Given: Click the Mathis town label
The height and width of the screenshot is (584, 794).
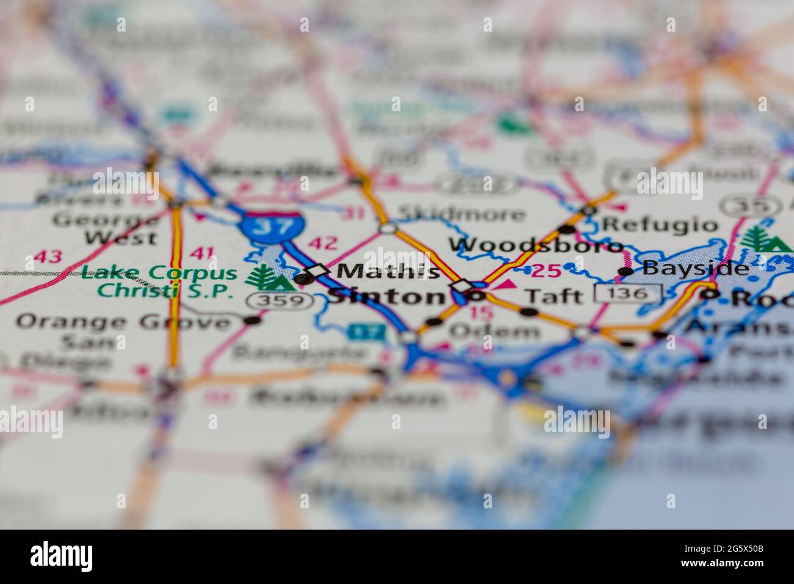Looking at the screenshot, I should coord(388,271).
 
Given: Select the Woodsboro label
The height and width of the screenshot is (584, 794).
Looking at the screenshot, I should coord(536,246).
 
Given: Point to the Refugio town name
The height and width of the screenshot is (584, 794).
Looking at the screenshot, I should coord(660,225).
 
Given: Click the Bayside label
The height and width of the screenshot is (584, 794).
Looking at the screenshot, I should coord(695,268).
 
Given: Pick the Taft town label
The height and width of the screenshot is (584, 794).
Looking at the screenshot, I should coord(554,296).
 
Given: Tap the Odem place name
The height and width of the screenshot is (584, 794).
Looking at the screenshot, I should coord(495,331).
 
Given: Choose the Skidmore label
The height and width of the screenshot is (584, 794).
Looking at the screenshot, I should coord(461,214).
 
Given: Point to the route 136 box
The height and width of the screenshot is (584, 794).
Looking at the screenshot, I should coord(628,294).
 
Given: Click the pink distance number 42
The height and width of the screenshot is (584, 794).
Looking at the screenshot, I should coord(322,243).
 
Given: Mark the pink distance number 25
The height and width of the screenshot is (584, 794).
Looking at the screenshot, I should coord(545,271).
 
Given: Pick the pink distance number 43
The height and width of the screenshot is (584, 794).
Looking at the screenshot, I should coord(47,257).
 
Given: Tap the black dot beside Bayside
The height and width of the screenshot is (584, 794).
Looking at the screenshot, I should coord(625,271).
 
